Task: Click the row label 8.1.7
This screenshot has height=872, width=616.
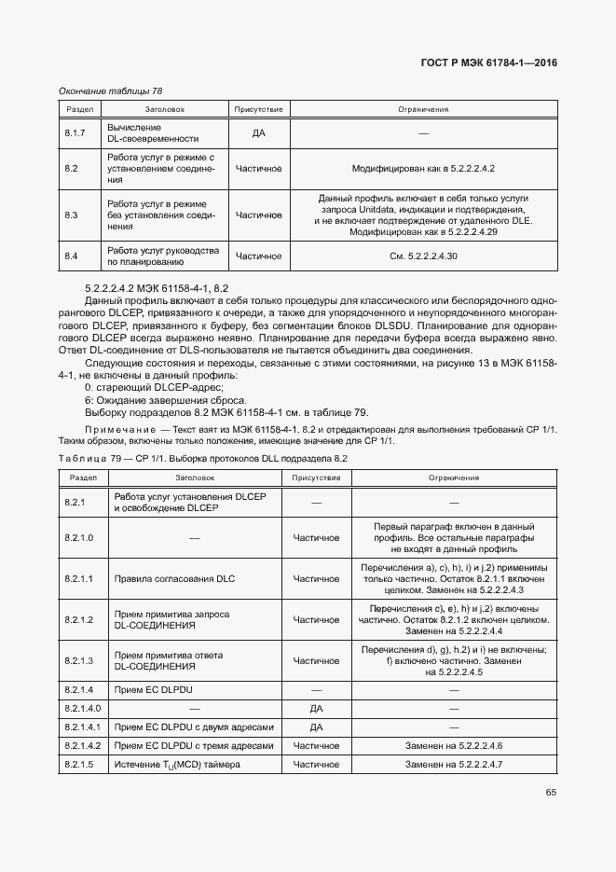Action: click(75, 133)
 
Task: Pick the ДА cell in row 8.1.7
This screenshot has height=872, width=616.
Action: click(258, 133)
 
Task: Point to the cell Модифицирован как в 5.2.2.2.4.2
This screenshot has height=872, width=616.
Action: click(422, 169)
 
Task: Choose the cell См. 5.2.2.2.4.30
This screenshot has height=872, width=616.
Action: click(422, 256)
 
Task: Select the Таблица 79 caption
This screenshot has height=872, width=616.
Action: click(202, 458)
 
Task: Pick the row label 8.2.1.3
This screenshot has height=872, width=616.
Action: click(79, 660)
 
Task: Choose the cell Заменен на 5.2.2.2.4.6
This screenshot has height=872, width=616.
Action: click(454, 746)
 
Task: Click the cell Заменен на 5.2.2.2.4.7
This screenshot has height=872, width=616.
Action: click(454, 765)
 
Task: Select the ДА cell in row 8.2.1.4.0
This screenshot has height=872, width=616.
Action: click(315, 709)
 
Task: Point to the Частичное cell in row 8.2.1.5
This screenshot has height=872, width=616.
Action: click(315, 765)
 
